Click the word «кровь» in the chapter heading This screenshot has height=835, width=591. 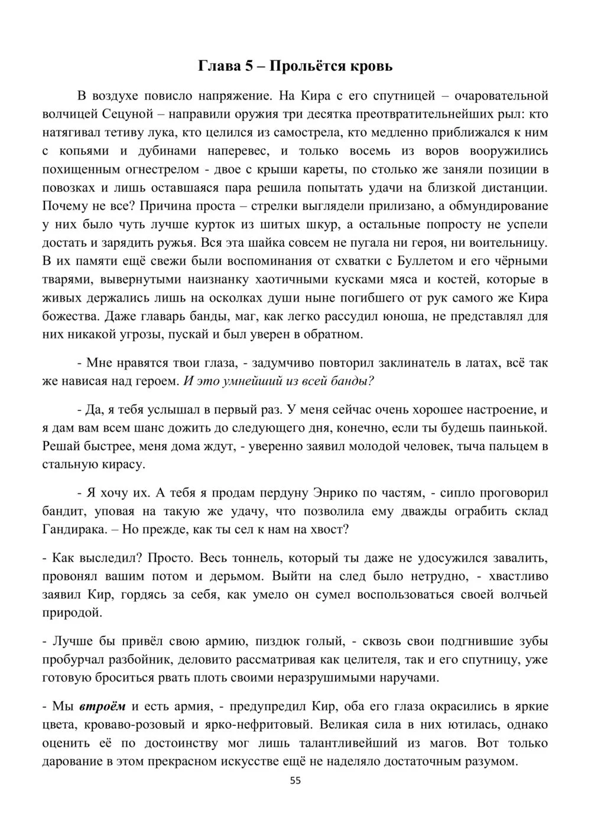[372, 66]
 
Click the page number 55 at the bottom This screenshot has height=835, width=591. [295, 781]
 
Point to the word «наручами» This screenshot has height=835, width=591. [407, 677]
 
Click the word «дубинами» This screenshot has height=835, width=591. [173, 151]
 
